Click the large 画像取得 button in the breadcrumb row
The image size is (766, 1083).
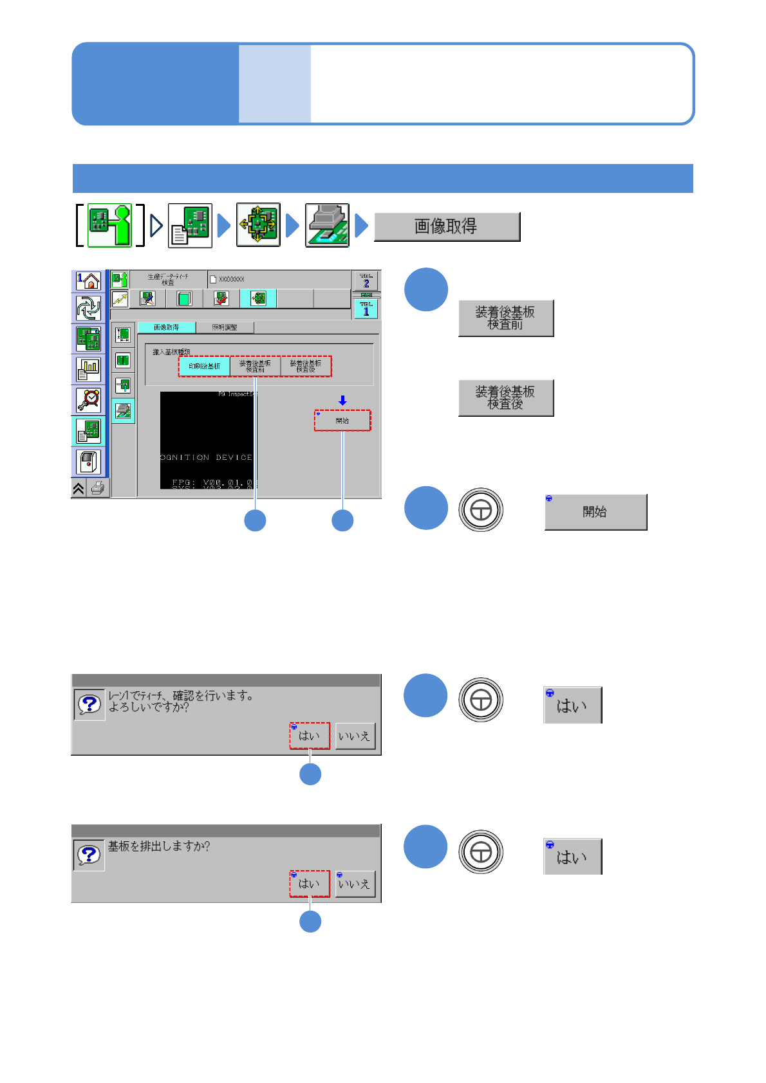(x=447, y=226)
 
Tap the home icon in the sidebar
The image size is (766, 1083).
(x=89, y=280)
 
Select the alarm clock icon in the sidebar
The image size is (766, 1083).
(x=89, y=399)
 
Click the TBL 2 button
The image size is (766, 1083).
(x=366, y=281)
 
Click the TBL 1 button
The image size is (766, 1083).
(x=366, y=309)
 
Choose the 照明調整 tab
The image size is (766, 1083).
(x=225, y=327)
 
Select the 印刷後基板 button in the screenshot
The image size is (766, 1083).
(x=204, y=366)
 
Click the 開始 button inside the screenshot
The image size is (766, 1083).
(x=342, y=421)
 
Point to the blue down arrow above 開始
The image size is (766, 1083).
(x=342, y=401)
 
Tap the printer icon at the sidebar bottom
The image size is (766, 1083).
(x=98, y=488)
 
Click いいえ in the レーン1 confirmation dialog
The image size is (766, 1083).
(x=354, y=736)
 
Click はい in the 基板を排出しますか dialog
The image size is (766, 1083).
(x=309, y=884)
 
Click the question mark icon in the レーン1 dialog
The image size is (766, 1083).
(x=89, y=704)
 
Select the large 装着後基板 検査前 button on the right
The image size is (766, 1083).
(x=505, y=318)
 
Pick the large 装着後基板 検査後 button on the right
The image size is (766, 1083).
(x=505, y=398)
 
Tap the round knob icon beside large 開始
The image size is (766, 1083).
(x=481, y=510)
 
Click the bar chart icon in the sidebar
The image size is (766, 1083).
(x=89, y=369)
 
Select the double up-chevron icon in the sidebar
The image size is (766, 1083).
(x=79, y=489)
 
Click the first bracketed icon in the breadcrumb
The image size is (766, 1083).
(x=109, y=226)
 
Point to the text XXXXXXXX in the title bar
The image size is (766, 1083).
(x=231, y=280)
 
